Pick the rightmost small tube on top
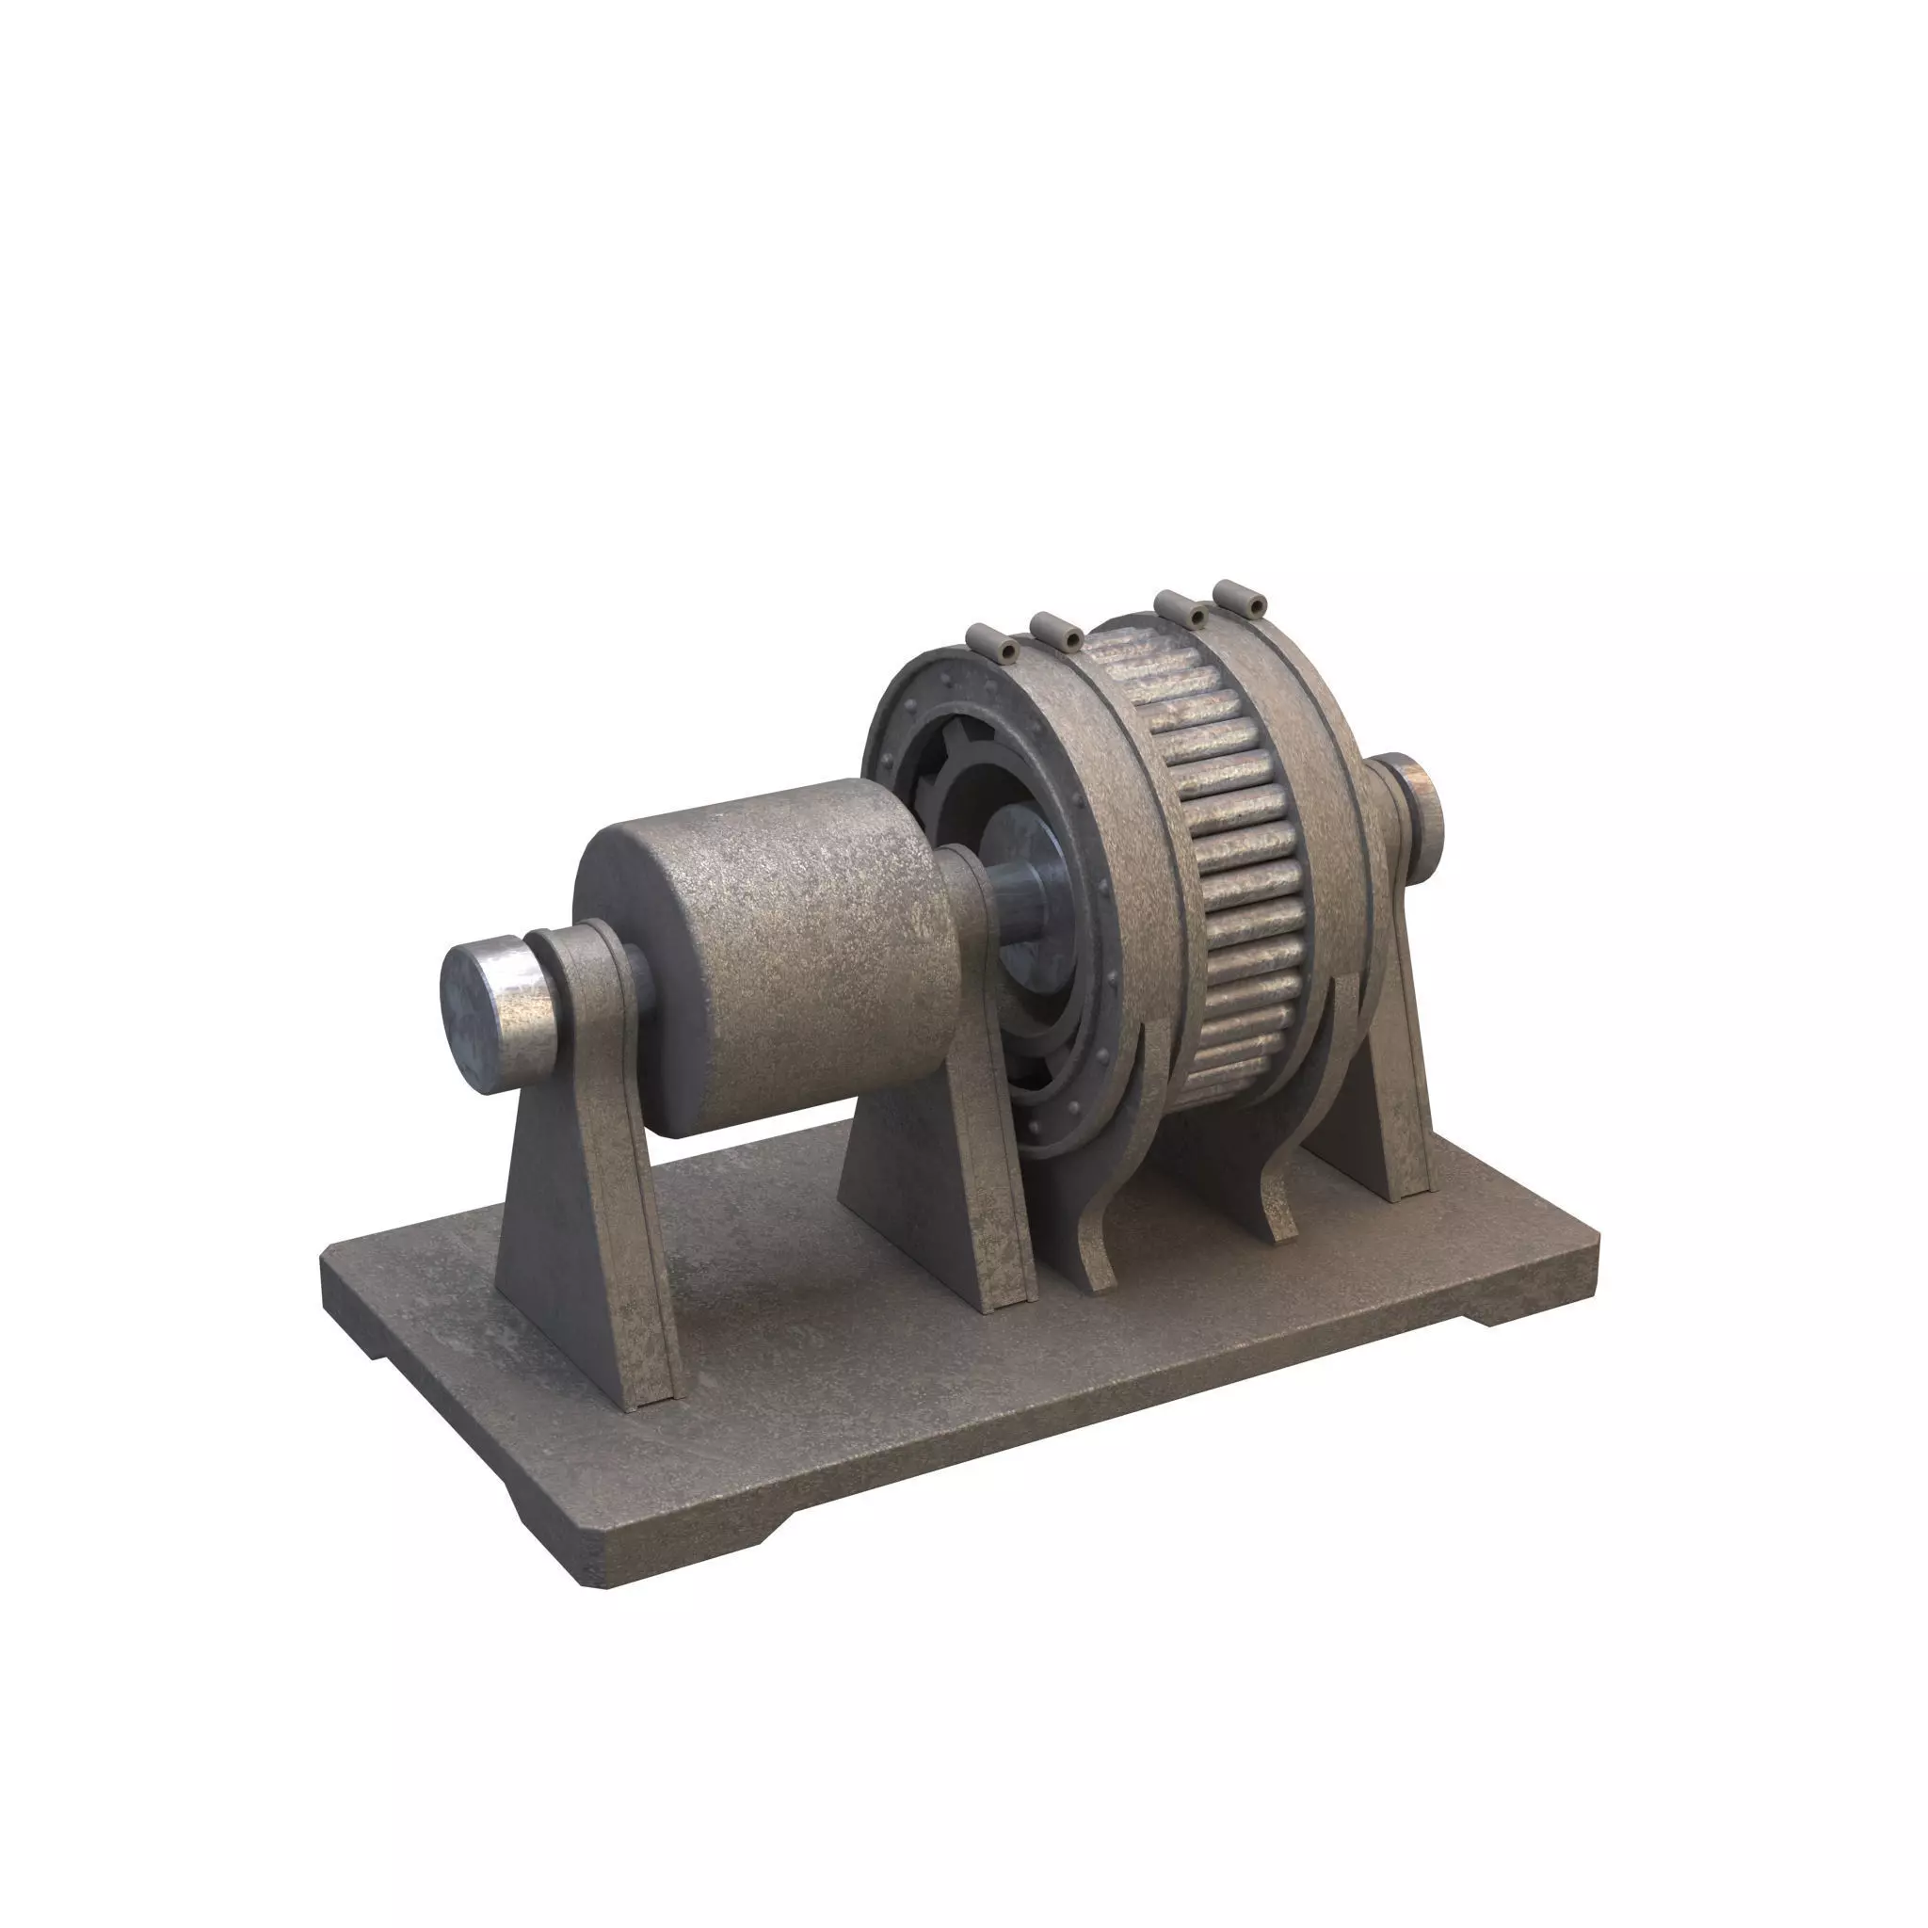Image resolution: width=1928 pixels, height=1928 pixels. click(x=1241, y=598)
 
